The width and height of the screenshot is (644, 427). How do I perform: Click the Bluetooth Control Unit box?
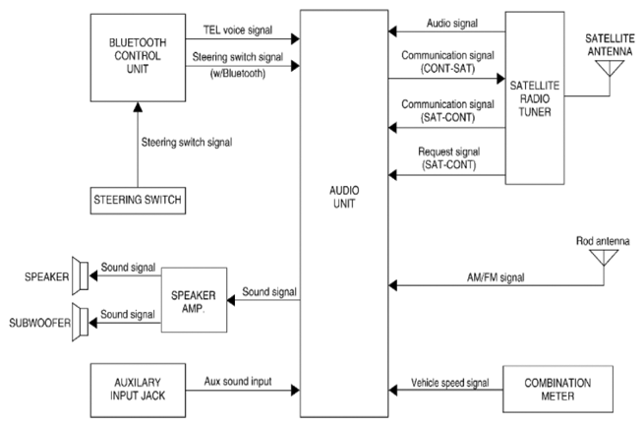click(x=138, y=57)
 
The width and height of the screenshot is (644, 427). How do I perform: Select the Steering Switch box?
click(x=138, y=201)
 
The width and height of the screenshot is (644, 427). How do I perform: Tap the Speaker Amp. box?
click(x=194, y=300)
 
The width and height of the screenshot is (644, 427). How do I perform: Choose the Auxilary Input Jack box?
click(x=138, y=390)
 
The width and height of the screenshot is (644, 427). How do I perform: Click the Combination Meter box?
click(x=557, y=390)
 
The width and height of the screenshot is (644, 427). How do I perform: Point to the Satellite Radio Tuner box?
click(x=534, y=97)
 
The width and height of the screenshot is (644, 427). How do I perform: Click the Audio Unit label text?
click(x=344, y=197)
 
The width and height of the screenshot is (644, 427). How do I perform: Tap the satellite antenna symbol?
click(x=610, y=69)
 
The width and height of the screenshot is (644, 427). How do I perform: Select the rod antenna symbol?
click(x=604, y=258)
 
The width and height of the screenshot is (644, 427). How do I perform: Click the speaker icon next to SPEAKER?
click(x=80, y=275)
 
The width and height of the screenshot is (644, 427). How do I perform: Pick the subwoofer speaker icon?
click(x=80, y=322)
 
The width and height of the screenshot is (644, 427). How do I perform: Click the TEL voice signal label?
click(x=238, y=30)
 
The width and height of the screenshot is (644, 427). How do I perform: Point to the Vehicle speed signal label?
click(x=450, y=383)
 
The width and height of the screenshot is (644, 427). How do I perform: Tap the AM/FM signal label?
click(x=496, y=277)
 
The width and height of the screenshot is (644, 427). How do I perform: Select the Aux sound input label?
click(x=238, y=382)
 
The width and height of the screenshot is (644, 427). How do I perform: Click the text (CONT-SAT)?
click(x=447, y=68)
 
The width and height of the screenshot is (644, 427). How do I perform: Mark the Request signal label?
click(x=449, y=152)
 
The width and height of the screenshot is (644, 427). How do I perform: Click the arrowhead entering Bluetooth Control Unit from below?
click(x=138, y=107)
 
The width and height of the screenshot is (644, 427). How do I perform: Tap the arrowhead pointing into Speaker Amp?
click(x=231, y=300)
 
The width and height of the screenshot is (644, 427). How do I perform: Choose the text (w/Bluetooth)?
click(x=238, y=74)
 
